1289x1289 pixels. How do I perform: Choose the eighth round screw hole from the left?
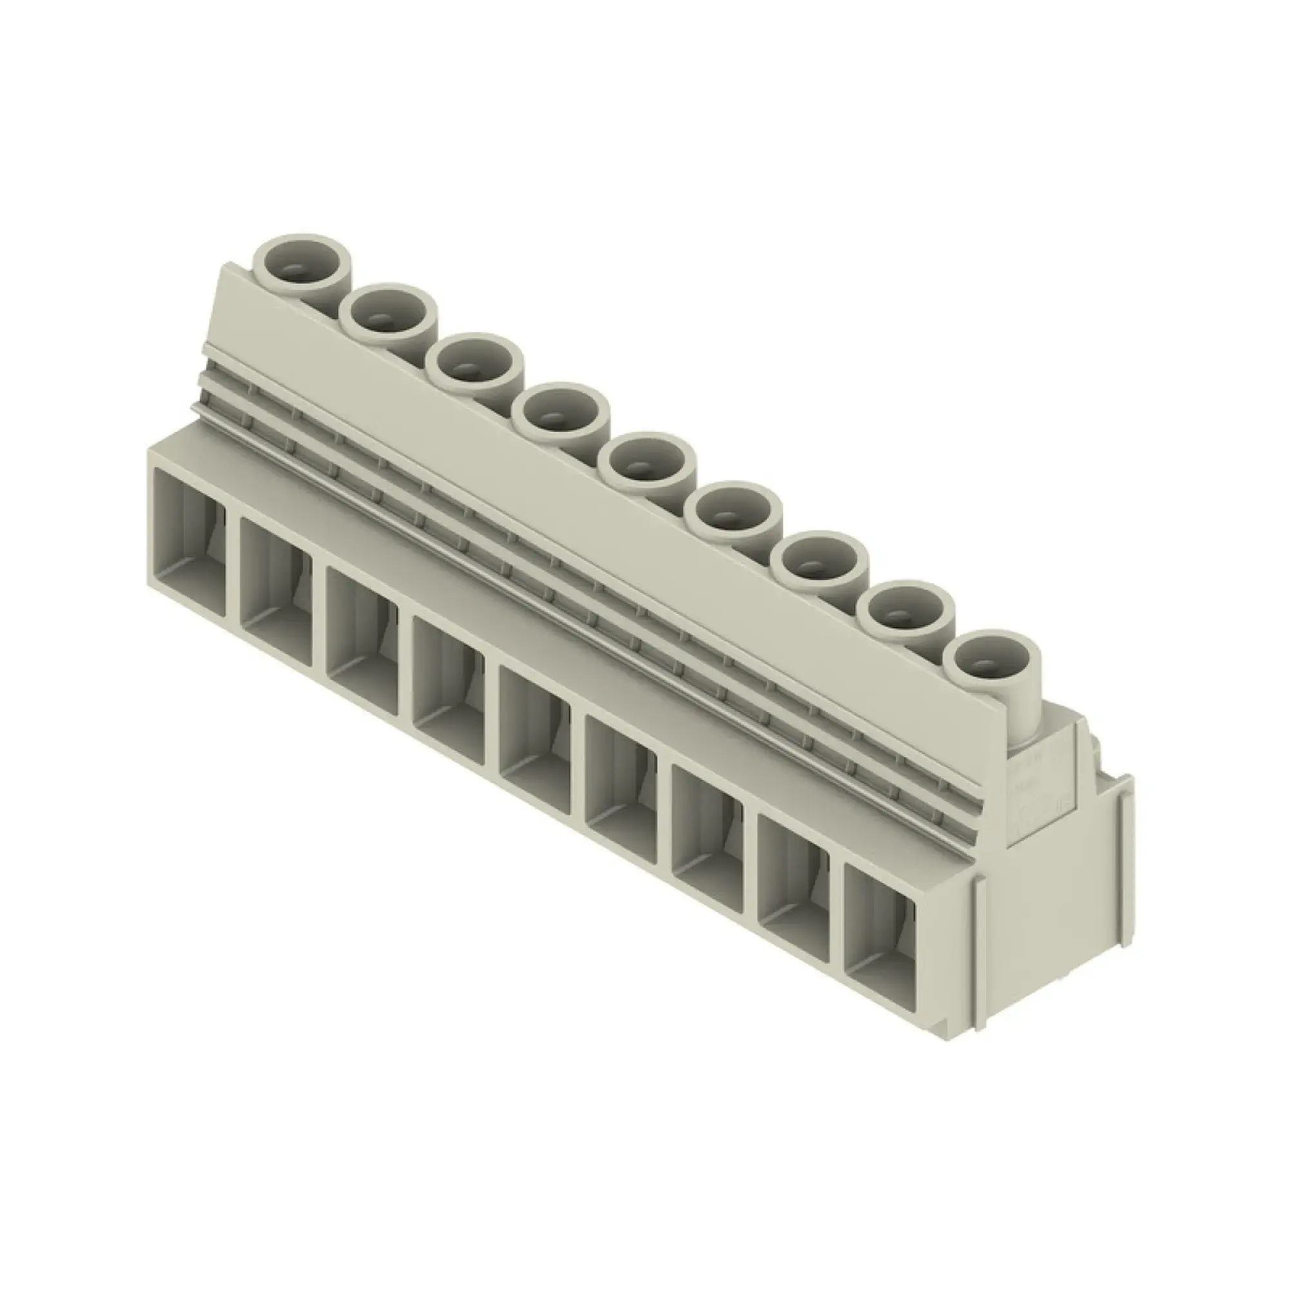(907, 613)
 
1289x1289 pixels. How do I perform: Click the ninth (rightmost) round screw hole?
(992, 663)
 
